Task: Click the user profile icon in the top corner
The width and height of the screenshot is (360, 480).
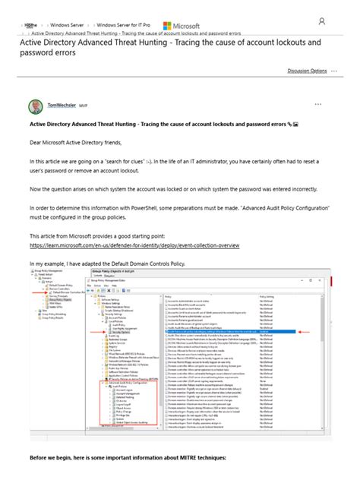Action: click(322, 21)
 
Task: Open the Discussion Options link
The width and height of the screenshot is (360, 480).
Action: click(307, 70)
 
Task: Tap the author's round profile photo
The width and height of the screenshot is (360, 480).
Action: click(36, 106)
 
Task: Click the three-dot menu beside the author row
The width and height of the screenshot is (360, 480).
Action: click(318, 103)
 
